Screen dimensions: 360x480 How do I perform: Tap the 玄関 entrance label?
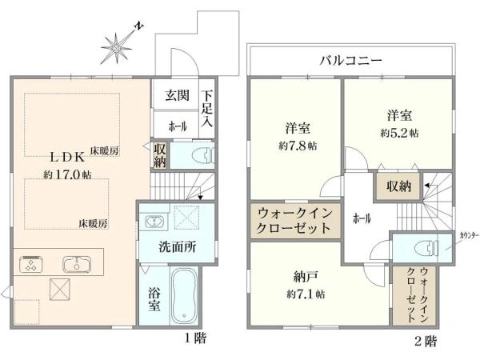pyautogui.click(x=178, y=96)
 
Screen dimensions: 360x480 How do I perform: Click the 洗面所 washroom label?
pyautogui.click(x=177, y=248)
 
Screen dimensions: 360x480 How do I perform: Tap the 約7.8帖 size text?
pyautogui.click(x=298, y=146)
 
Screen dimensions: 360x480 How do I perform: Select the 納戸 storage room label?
pyautogui.click(x=302, y=278)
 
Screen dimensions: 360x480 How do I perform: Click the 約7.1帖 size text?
pyautogui.click(x=302, y=294)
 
